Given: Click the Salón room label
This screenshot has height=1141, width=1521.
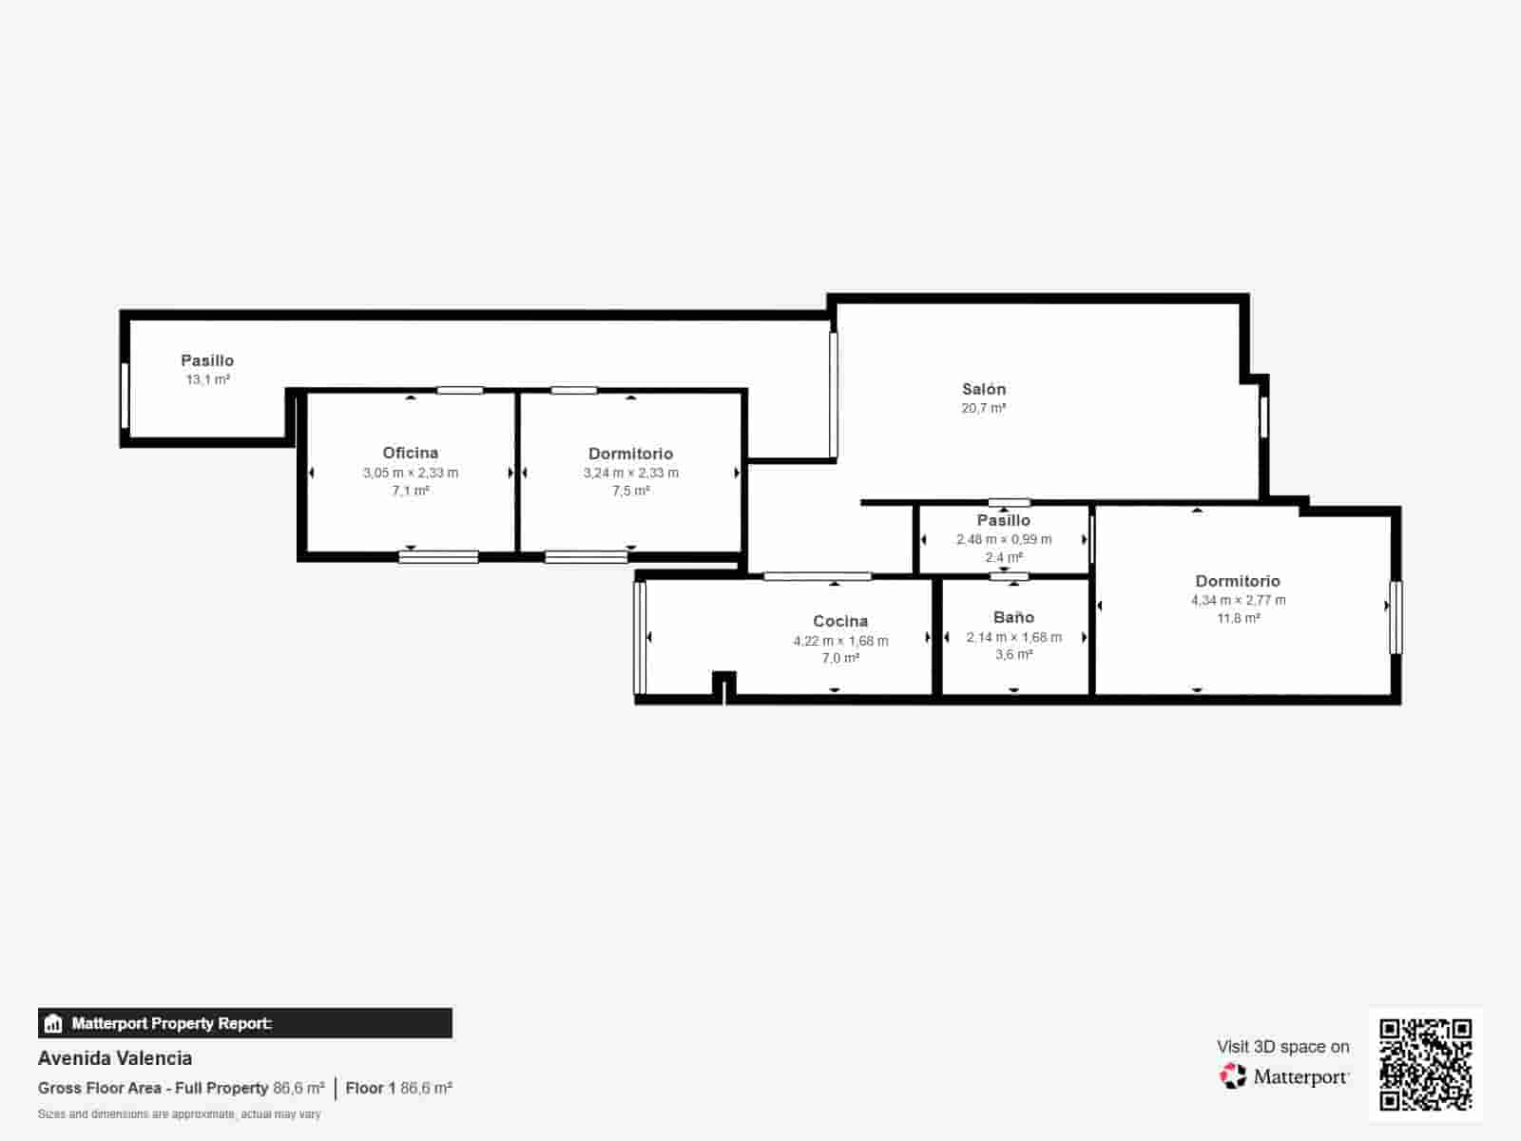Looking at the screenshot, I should pyautogui.click(x=983, y=389).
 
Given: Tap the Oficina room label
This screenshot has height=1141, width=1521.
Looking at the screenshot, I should pyautogui.click(x=410, y=453).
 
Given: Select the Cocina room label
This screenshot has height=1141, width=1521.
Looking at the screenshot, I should pyautogui.click(x=840, y=621).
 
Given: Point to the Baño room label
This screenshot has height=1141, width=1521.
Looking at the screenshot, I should pyautogui.click(x=1013, y=617).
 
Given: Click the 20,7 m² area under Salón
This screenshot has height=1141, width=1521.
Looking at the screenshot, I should pyautogui.click(x=983, y=408).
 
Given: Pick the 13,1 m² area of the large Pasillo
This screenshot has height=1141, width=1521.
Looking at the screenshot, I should pyautogui.click(x=207, y=379).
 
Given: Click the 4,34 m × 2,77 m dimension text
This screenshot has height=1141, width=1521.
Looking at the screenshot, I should pyautogui.click(x=1238, y=600).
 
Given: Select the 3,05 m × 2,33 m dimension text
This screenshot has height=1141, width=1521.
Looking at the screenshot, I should pyautogui.click(x=410, y=473).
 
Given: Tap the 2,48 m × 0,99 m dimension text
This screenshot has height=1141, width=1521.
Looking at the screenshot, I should pyautogui.click(x=1004, y=539).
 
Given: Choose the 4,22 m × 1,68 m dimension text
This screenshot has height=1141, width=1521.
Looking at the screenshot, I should pyautogui.click(x=840, y=641).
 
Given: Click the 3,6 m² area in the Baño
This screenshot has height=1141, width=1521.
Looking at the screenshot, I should pyautogui.click(x=1013, y=655).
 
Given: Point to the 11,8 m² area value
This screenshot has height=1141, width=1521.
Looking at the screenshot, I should pyautogui.click(x=1238, y=618).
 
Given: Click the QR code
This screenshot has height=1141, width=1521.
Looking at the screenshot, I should pyautogui.click(x=1425, y=1064).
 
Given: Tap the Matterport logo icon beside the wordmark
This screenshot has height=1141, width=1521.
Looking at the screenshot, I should pyautogui.click(x=1233, y=1076).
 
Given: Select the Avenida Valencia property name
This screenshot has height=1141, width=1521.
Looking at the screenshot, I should pyautogui.click(x=115, y=1058).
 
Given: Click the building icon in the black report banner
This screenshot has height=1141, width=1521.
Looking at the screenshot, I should pyautogui.click(x=53, y=1024).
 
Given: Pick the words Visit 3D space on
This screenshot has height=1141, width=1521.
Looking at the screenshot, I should pyautogui.click(x=1282, y=1047).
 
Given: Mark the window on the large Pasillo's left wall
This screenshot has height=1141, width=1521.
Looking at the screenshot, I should pyautogui.click(x=125, y=396).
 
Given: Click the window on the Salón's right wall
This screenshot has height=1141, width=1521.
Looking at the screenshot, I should pyautogui.click(x=1263, y=416).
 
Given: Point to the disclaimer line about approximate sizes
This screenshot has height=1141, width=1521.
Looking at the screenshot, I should pyautogui.click(x=179, y=1114).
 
